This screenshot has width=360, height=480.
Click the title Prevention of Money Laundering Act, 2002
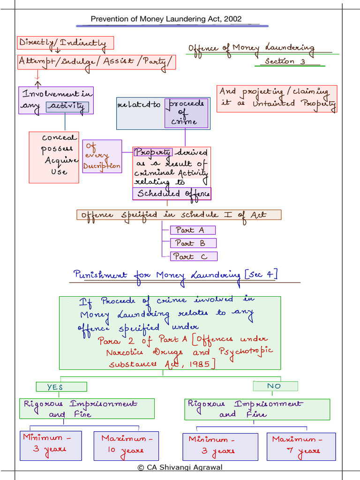[x=166, y=19]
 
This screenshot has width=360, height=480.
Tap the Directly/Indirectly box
[x=66, y=43]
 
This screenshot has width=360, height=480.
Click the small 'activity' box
[x=67, y=107]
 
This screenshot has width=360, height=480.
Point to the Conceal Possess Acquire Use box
[x=54, y=157]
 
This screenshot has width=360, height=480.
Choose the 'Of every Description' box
[x=102, y=156]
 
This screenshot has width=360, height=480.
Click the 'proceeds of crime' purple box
[x=186, y=113]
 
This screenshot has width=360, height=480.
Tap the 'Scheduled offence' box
[x=172, y=194]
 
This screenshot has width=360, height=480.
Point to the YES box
[x=61, y=387]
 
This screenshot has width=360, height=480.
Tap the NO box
[x=275, y=386]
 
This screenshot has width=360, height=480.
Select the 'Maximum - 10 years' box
[x=126, y=446]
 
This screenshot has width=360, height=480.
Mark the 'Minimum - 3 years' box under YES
[x=51, y=446]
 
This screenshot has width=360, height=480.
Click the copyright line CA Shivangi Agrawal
[x=180, y=467]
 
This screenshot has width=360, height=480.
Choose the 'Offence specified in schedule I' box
[x=179, y=215]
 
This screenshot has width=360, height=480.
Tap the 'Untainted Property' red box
[x=277, y=98]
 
